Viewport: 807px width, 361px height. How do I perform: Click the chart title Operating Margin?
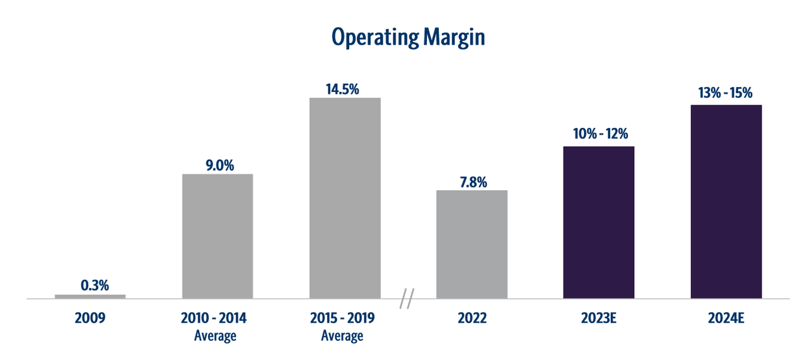(408, 38)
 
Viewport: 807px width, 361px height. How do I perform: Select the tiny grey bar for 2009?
(90, 296)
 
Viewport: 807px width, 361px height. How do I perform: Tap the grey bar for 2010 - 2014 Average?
(218, 236)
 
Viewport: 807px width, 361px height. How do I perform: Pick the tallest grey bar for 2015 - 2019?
(345, 198)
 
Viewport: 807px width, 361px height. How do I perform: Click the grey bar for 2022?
(472, 244)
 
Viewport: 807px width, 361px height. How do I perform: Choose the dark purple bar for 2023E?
(599, 222)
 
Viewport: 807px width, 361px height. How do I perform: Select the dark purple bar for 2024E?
(726, 202)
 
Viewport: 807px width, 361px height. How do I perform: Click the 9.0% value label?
(218, 165)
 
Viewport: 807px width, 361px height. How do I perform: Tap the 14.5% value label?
(342, 89)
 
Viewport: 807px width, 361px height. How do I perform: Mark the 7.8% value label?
(472, 181)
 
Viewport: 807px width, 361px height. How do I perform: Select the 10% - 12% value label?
(599, 135)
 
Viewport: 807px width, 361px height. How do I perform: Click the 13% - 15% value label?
(726, 93)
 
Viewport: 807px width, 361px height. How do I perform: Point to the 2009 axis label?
(90, 318)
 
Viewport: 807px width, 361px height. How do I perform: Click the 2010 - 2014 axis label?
(215, 318)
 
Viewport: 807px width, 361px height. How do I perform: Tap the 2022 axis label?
(472, 318)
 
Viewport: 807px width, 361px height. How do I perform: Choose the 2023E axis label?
(598, 318)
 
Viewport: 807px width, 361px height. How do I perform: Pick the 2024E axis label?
(726, 318)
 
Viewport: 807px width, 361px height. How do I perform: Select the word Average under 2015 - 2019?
(342, 335)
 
